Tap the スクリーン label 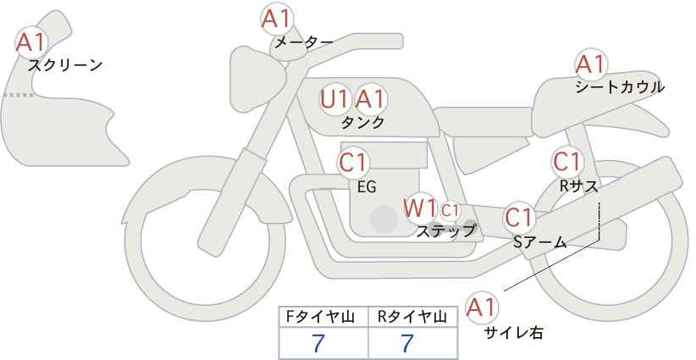[65, 65]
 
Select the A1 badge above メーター [276, 18]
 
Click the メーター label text [303, 42]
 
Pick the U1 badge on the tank [334, 99]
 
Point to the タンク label [362, 122]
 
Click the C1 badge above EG [353, 162]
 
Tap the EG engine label [367, 186]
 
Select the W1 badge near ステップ [419, 208]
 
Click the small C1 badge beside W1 [450, 209]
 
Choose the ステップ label [445, 230]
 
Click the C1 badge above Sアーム [518, 218]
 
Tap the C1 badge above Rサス [566, 161]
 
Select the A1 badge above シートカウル [590, 64]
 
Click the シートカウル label [620, 87]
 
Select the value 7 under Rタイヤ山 [408, 343]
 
